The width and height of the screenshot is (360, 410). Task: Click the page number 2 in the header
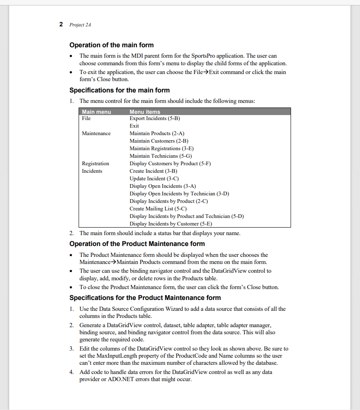pos(61,24)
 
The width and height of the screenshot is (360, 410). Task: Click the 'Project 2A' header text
pos(80,25)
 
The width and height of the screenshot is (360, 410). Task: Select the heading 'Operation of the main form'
pos(111,45)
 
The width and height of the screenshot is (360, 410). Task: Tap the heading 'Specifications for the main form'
pos(119,90)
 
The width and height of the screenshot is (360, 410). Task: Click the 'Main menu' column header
pos(97,112)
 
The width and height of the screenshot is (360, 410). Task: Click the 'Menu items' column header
pos(145,112)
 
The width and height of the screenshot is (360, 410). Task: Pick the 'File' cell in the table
pos(86,118)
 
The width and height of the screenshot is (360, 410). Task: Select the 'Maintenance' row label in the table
pos(96,133)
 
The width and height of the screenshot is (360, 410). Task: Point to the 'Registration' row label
pos(95,164)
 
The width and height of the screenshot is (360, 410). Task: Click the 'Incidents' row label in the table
pos(92,171)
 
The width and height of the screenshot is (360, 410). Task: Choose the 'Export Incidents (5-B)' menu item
pos(154,118)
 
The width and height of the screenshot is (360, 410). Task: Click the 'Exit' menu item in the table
pos(134,126)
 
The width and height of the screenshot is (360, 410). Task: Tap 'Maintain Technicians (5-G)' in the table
pos(160,156)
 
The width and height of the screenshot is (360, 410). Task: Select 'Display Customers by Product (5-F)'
pos(170,164)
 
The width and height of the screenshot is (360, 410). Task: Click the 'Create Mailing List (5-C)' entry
pos(158,209)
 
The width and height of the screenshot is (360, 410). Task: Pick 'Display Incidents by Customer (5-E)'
pos(171,224)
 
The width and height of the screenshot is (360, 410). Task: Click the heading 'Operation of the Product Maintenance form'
pos(137,244)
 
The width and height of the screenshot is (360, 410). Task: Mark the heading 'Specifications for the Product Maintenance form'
pos(145,298)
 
